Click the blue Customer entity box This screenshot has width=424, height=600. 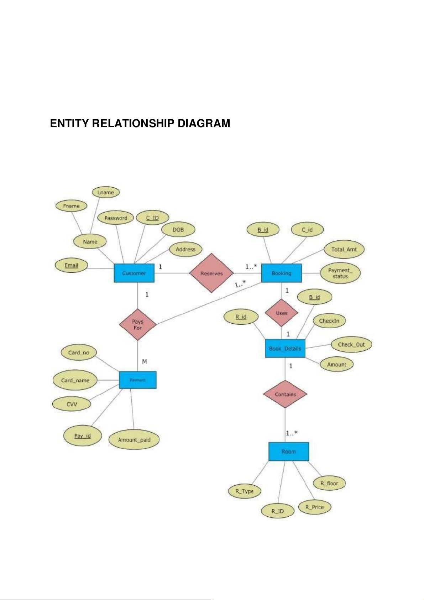[134, 273]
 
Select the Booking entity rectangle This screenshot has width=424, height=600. [281, 273]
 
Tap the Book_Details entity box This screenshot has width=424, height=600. [285, 349]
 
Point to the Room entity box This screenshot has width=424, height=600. [288, 452]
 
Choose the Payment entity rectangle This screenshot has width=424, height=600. [137, 380]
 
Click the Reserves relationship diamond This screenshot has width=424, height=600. [211, 273]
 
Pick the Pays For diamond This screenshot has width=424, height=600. [138, 324]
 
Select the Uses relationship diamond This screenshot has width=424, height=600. [281, 313]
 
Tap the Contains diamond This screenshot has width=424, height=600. [285, 394]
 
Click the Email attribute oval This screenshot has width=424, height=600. [71, 266]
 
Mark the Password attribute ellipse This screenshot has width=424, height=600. [116, 218]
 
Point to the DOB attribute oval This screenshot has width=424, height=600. [178, 230]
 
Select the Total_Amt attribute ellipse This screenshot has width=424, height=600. [344, 249]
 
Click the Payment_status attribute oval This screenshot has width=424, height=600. [340, 273]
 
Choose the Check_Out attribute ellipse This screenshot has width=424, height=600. [351, 345]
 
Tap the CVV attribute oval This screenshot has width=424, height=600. [72, 404]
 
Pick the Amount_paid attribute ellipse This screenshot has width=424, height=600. [134, 440]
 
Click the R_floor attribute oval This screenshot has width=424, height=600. [329, 483]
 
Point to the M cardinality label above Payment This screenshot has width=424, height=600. [145, 362]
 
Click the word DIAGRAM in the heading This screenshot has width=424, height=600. [204, 123]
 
